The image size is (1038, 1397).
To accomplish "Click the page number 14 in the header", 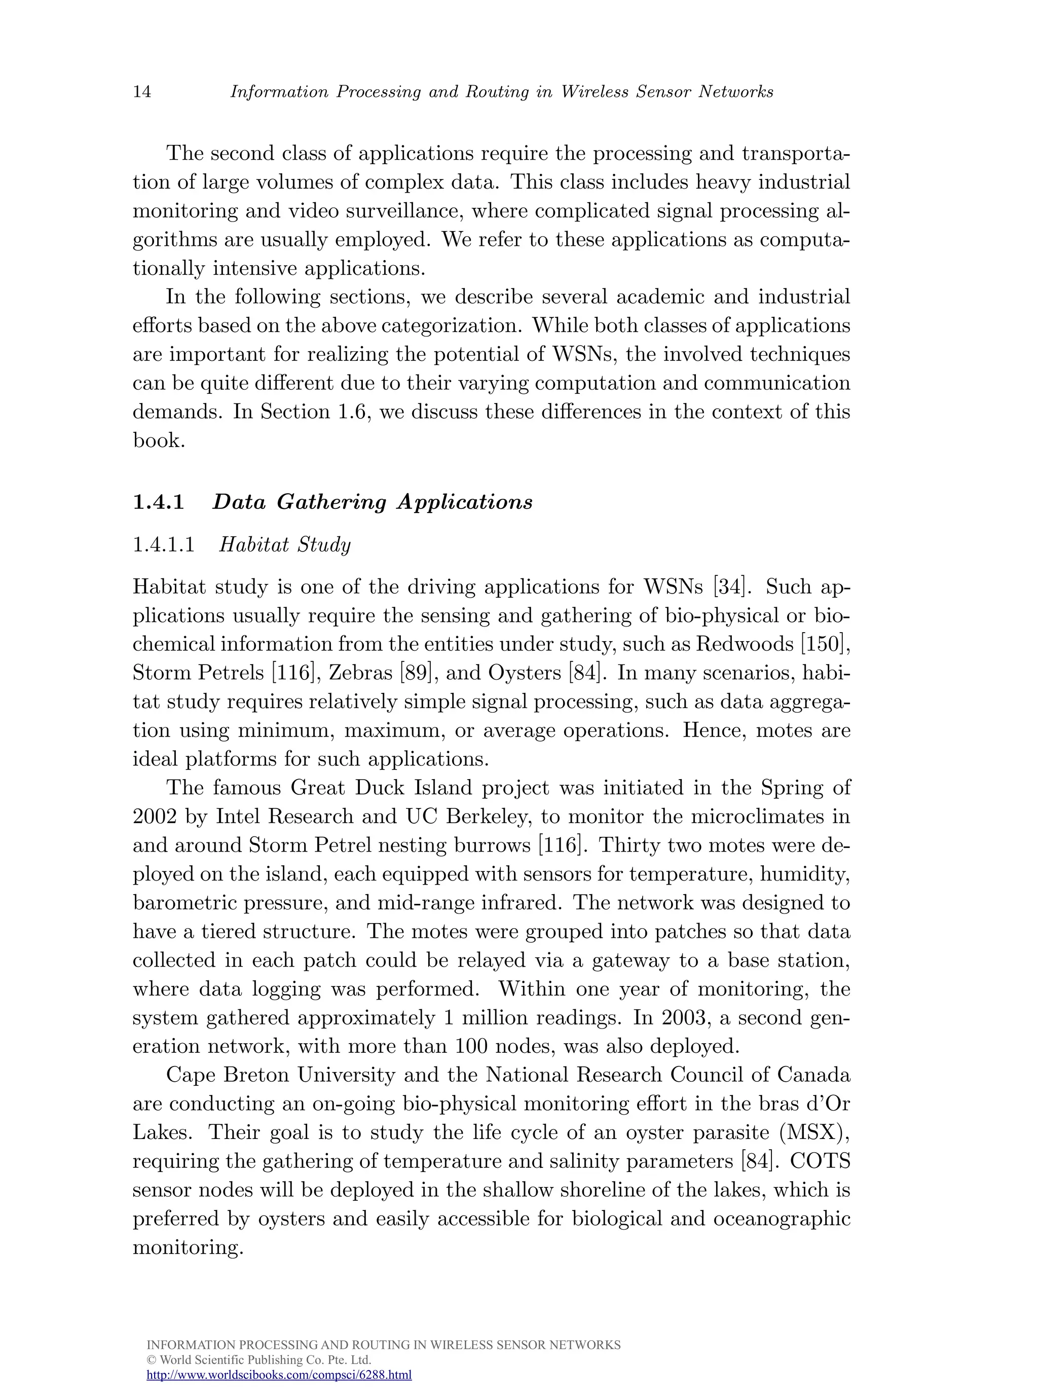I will click(142, 92).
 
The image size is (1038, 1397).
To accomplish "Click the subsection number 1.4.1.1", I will click(163, 545).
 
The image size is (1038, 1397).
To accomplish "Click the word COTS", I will click(820, 1161).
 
